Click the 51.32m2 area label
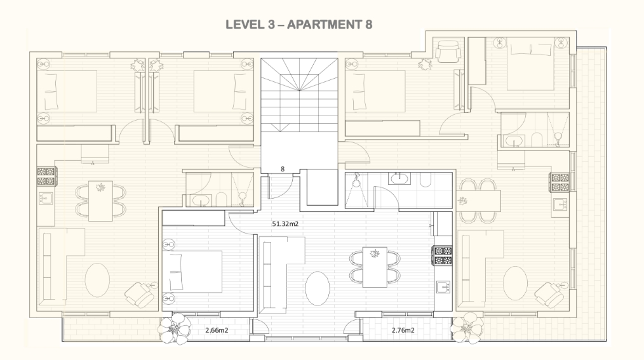coord(285,224)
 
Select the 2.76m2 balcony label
coord(403,330)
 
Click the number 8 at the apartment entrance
coord(283,169)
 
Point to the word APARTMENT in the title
coord(325,25)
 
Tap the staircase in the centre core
coord(299,95)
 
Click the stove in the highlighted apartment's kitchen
coord(442,255)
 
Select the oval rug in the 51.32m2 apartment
coord(318,288)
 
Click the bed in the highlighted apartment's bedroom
coord(193,272)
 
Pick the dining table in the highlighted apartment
coord(375,267)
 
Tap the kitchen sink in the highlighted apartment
coord(443,287)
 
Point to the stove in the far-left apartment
coord(46,176)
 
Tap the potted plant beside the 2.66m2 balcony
coord(175,328)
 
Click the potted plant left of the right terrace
coord(467,327)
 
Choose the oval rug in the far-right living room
coord(515,283)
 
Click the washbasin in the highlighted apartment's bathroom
coord(398,179)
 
